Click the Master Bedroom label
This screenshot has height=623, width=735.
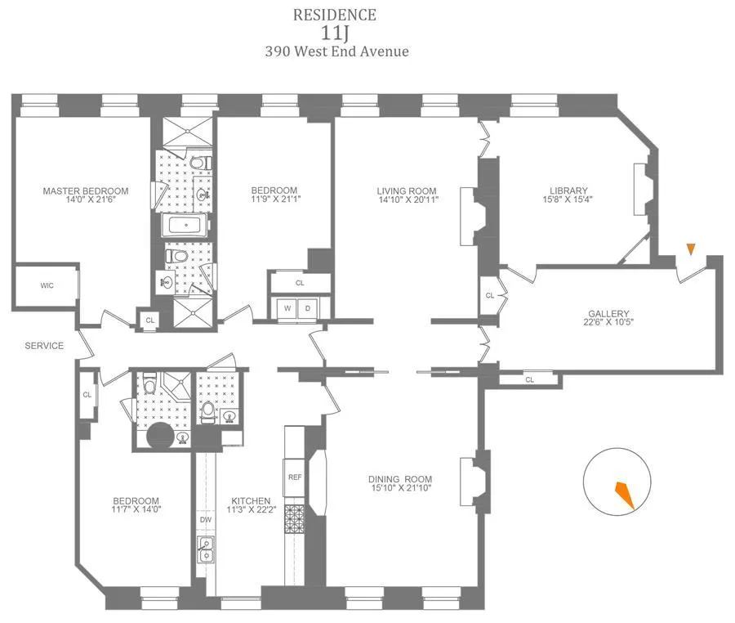[86, 191]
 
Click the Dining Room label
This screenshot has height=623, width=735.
[399, 479]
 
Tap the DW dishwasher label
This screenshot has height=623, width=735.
[205, 518]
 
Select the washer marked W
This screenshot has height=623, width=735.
[287, 308]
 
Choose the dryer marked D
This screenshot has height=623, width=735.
[308, 308]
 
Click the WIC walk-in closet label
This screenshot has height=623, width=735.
[47, 286]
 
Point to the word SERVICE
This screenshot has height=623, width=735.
[44, 346]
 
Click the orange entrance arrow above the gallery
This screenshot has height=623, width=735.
[691, 249]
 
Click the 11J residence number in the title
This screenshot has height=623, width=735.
[336, 33]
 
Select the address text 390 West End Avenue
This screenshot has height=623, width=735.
[336, 52]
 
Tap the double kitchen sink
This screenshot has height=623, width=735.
[205, 549]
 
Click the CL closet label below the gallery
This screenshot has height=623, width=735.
[529, 379]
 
